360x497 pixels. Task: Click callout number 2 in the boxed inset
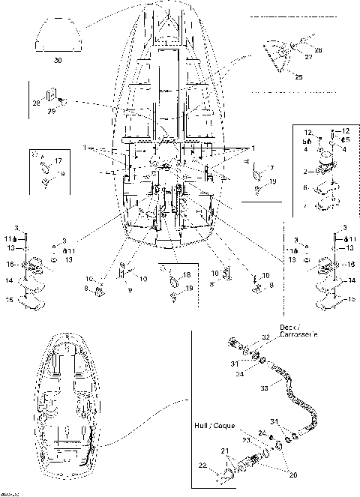point(304,172)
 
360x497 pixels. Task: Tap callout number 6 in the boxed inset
point(304,188)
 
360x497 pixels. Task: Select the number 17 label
point(58,161)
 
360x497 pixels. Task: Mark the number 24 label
point(261,433)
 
